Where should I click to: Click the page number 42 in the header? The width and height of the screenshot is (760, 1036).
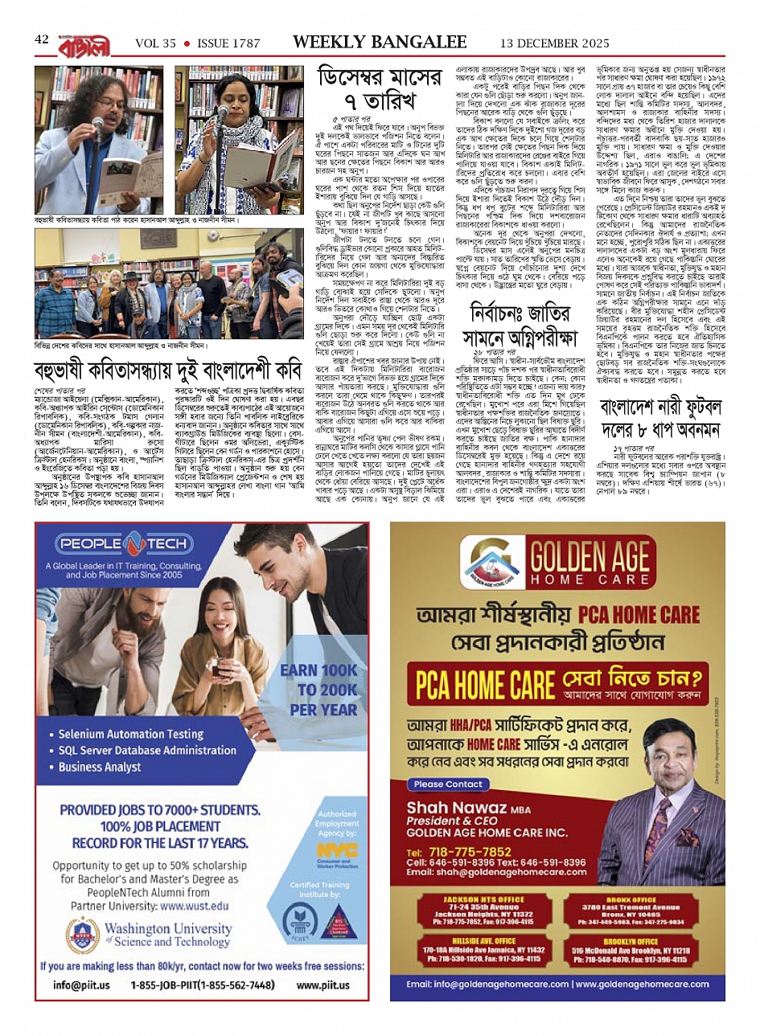click(42, 41)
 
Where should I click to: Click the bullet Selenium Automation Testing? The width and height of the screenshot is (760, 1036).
click(130, 734)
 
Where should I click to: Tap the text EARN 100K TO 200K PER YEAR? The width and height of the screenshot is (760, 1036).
click(318, 690)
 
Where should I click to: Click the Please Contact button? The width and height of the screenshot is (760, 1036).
click(448, 784)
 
